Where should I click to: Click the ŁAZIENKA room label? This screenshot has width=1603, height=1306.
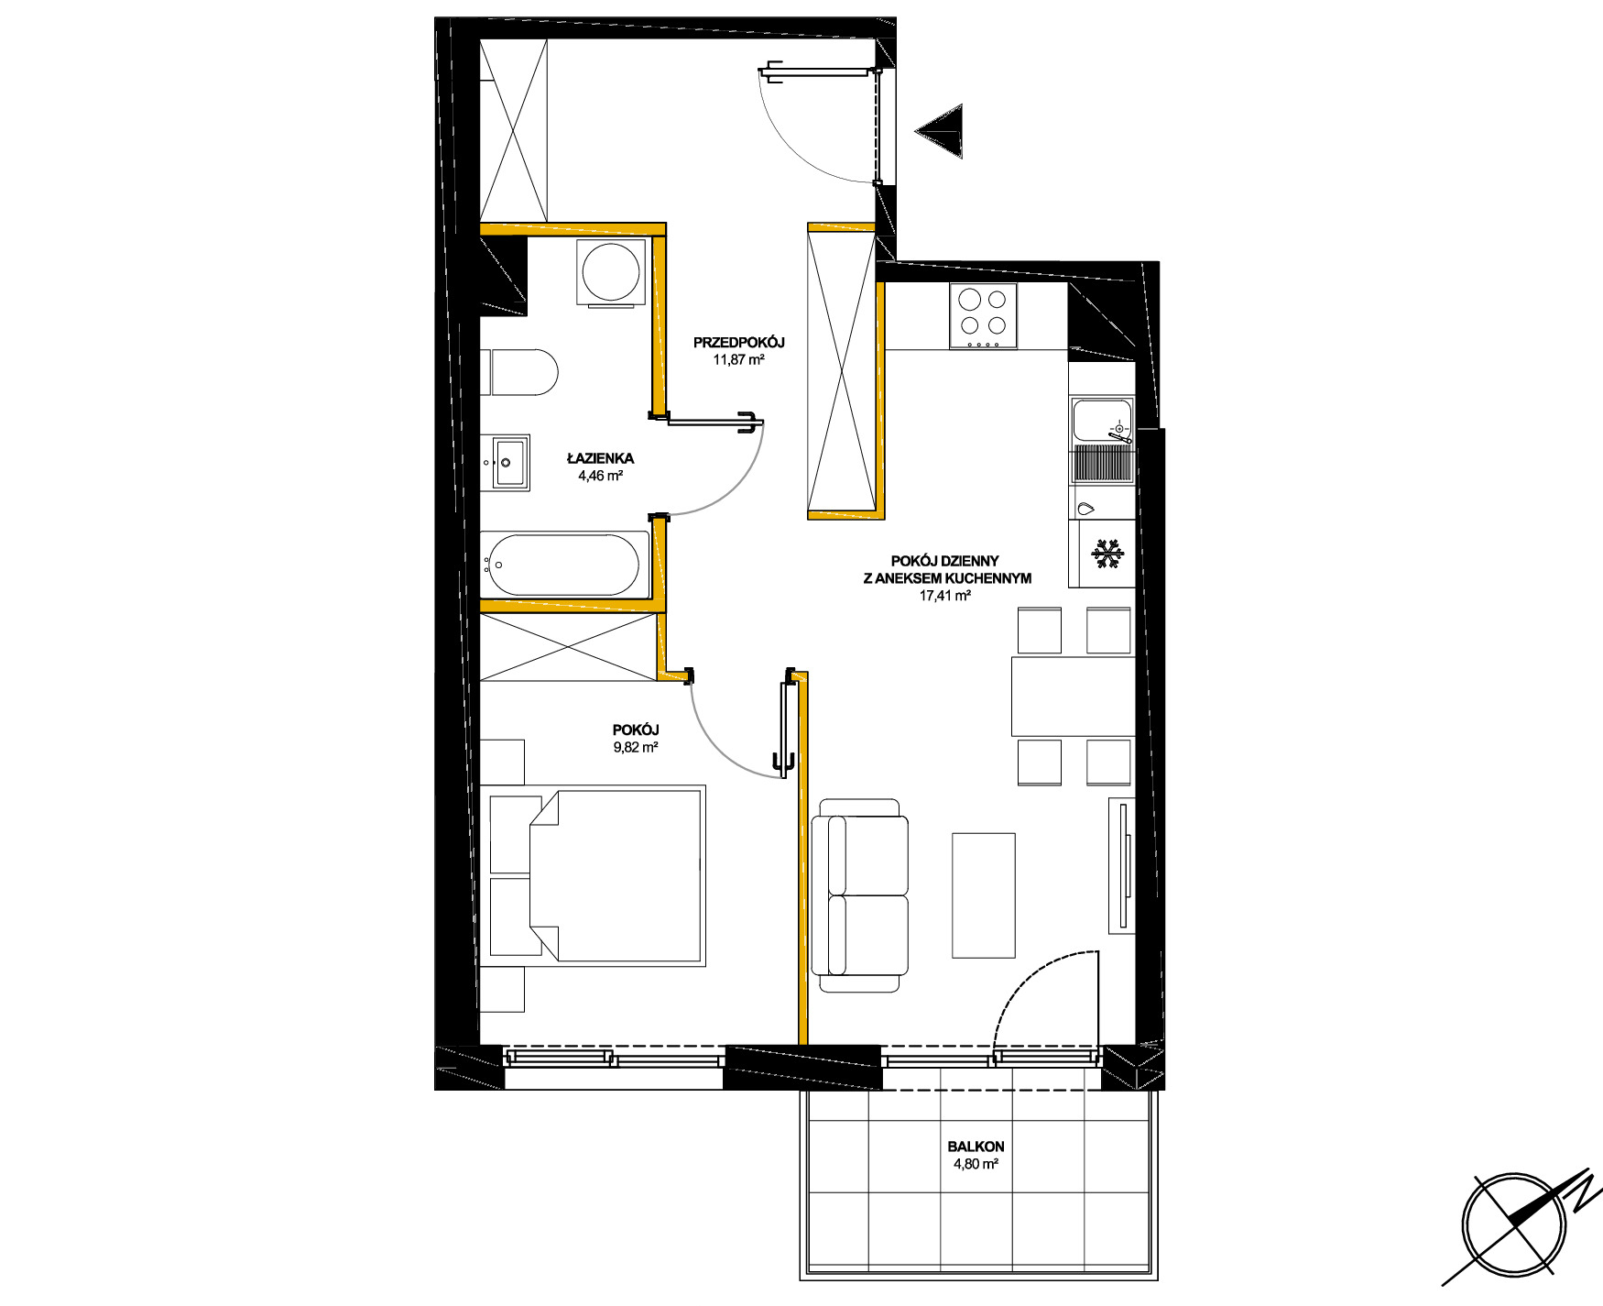[x=600, y=458]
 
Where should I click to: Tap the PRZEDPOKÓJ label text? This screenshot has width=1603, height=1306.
[x=739, y=343]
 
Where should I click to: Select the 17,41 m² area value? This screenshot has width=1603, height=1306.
[x=945, y=596]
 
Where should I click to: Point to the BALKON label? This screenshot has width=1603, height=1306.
[x=976, y=1147]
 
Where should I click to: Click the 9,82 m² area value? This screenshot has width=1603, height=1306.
[x=637, y=747]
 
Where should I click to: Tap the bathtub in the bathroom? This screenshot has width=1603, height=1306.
[x=564, y=565]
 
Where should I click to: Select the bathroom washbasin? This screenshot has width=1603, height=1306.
[x=507, y=463]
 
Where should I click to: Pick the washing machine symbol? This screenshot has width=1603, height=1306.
[x=612, y=272]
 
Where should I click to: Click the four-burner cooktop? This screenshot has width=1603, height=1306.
[x=983, y=315]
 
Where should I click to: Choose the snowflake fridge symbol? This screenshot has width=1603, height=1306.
[x=1107, y=554]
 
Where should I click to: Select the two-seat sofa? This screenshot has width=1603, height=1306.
[x=860, y=895]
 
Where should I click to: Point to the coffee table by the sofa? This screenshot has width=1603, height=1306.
[x=984, y=894]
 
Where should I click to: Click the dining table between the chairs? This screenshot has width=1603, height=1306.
[x=1073, y=696]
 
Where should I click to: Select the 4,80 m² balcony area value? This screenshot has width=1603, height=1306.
[x=976, y=1165]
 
